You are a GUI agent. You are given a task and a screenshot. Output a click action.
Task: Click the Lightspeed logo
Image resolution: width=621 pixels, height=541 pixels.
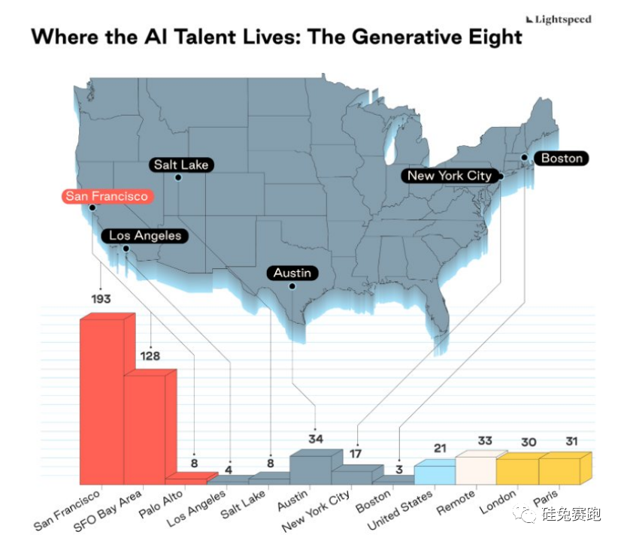click(558, 20)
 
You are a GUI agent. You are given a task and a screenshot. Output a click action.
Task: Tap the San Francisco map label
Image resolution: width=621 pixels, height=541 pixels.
click(106, 196)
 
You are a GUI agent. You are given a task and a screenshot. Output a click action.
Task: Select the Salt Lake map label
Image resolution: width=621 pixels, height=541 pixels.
click(180, 165)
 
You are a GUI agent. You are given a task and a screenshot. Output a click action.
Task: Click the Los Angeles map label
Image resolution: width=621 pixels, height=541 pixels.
click(145, 235)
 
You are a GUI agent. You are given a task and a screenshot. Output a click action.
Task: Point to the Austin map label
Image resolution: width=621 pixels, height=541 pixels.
click(292, 273)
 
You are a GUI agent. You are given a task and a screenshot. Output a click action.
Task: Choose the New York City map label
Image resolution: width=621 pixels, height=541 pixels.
click(449, 176)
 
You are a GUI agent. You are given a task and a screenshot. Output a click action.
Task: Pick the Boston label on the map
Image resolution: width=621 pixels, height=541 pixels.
click(562, 158)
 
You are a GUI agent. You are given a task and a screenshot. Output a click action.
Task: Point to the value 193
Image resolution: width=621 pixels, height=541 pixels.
click(101, 299)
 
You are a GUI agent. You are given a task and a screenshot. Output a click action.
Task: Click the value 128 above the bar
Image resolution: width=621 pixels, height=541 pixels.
click(150, 355)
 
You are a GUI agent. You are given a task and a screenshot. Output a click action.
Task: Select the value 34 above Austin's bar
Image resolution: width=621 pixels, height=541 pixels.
click(316, 438)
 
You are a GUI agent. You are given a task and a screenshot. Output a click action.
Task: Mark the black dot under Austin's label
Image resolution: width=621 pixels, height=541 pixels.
click(292, 286)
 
